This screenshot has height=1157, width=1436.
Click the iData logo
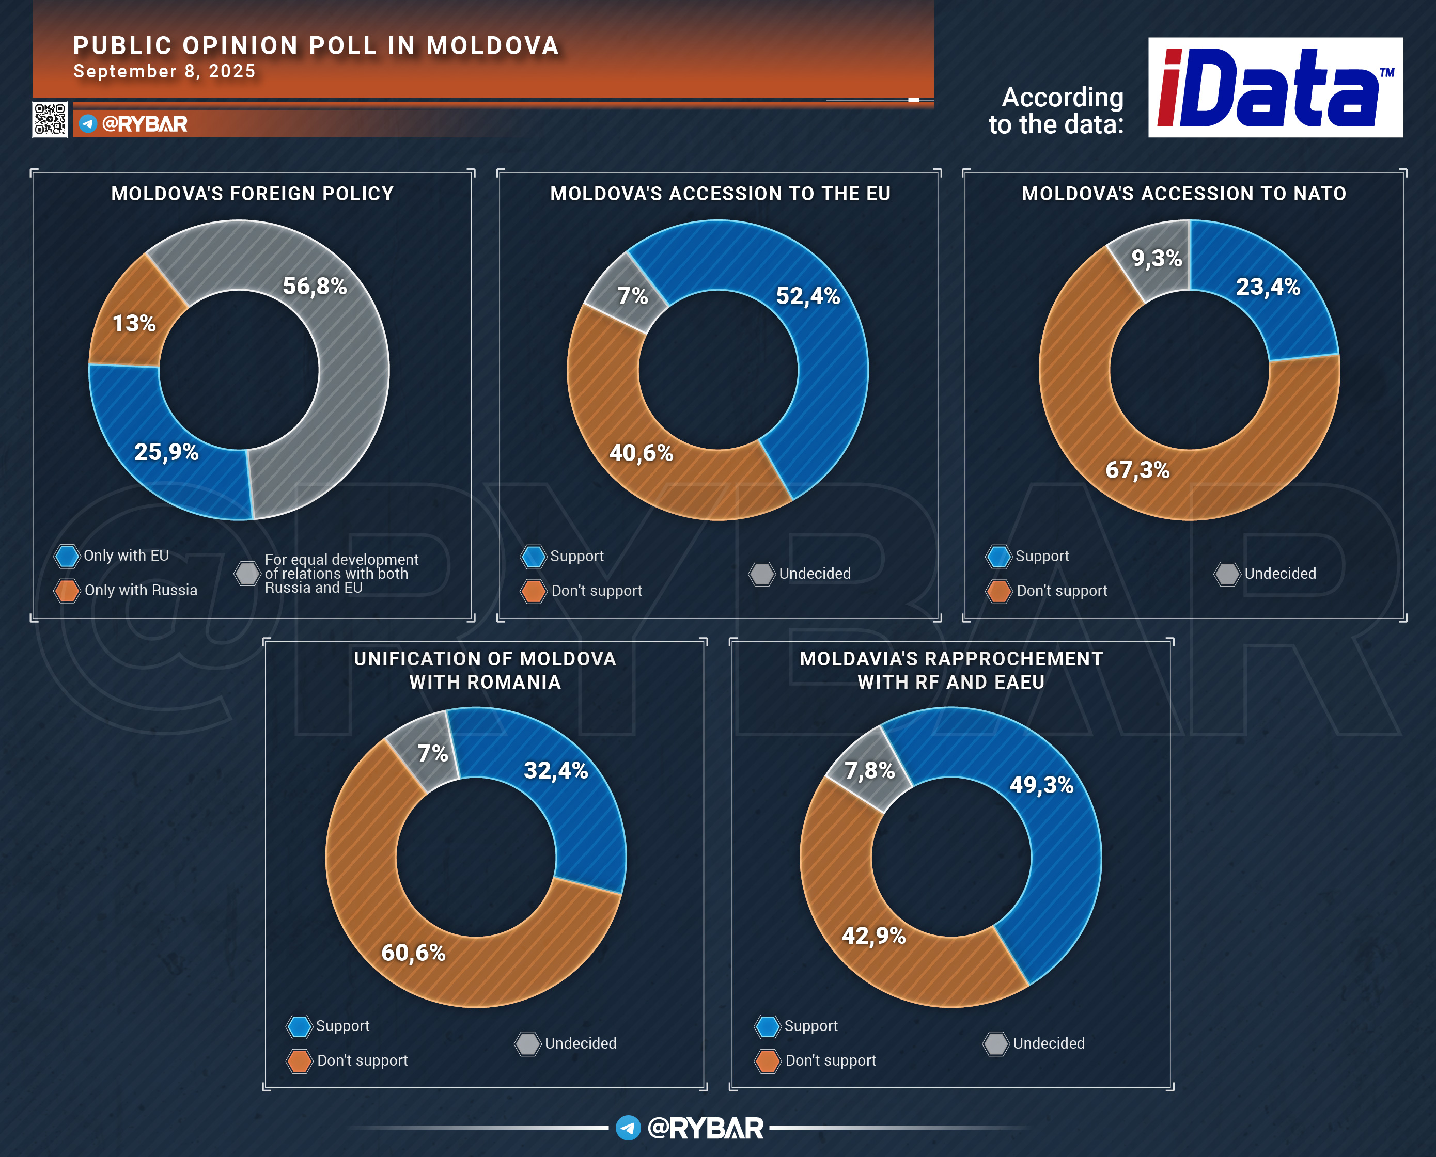(1275, 87)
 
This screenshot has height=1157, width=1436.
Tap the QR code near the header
(50, 119)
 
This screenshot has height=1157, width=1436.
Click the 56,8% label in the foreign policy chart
(315, 286)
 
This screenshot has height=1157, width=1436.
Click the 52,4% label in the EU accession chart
(808, 296)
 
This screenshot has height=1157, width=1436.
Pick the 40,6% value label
(642, 453)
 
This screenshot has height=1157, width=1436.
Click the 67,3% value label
(1137, 470)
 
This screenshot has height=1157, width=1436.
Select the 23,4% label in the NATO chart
(1268, 287)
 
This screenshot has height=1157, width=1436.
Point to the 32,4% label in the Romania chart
(556, 770)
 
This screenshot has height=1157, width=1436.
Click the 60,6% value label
(413, 953)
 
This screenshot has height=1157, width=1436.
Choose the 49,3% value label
(1041, 784)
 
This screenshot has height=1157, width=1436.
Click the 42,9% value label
(873, 936)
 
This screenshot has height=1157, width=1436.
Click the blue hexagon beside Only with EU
(67, 556)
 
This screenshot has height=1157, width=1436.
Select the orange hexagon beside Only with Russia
(67, 591)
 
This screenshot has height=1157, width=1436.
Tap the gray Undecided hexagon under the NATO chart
(1227, 574)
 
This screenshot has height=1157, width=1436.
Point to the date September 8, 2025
(165, 71)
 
